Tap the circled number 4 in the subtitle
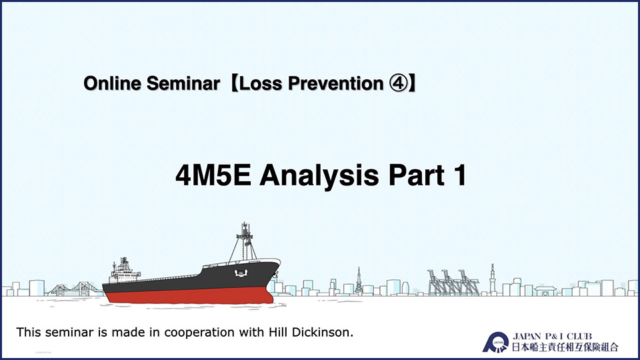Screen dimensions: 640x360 click(x=398, y=83)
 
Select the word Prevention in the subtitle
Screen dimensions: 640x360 click(x=335, y=83)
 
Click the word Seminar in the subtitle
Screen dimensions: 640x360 click(x=183, y=83)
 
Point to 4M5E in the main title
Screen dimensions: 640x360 click(x=213, y=175)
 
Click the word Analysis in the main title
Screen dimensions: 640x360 click(x=319, y=176)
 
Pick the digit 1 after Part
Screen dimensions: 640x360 click(x=459, y=175)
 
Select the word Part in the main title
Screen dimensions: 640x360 click(x=416, y=175)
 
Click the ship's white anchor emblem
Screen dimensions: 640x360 click(x=241, y=273)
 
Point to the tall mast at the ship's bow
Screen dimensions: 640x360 click(x=245, y=241)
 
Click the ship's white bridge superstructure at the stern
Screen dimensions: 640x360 click(x=124, y=271)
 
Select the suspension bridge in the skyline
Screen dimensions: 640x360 click(x=75, y=289)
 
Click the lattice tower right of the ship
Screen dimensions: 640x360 click(x=359, y=281)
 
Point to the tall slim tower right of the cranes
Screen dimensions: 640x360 click(x=493, y=279)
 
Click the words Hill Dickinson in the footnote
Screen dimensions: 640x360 click(x=310, y=332)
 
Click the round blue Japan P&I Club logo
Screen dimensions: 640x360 click(x=496, y=342)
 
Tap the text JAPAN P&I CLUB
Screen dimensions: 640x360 click(x=552, y=336)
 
